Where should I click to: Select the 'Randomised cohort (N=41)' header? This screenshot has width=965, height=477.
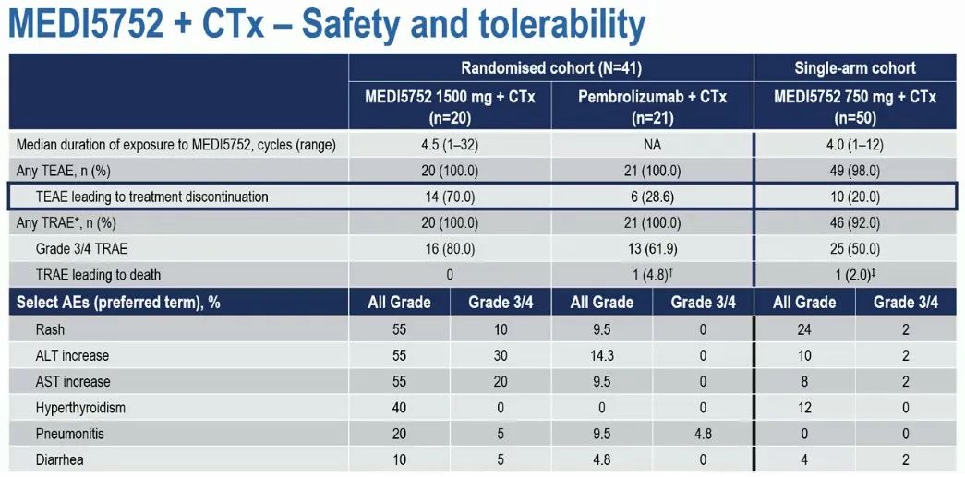(x=551, y=67)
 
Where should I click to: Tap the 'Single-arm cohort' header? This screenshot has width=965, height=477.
(x=855, y=67)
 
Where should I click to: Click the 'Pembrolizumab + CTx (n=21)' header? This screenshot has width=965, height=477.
(x=653, y=107)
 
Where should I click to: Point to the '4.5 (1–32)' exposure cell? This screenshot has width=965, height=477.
(x=450, y=145)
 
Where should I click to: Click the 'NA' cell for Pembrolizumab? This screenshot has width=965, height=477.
(x=653, y=145)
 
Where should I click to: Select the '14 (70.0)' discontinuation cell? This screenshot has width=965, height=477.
(x=450, y=197)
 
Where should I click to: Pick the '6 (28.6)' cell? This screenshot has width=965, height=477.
(x=653, y=197)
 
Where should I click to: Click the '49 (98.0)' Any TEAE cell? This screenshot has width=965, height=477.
(x=855, y=171)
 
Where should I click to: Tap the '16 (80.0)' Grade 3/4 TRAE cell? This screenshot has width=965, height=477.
(x=450, y=248)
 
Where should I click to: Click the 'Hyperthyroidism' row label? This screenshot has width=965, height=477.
(x=80, y=407)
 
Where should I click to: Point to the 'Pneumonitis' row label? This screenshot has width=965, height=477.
(x=69, y=433)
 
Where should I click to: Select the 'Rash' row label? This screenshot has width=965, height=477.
(x=52, y=329)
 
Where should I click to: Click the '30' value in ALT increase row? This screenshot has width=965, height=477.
(x=501, y=355)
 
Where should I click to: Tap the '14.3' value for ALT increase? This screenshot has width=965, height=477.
(x=602, y=355)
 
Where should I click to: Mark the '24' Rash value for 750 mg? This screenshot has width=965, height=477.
(x=804, y=329)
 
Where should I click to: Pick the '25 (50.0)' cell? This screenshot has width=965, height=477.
(x=855, y=248)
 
